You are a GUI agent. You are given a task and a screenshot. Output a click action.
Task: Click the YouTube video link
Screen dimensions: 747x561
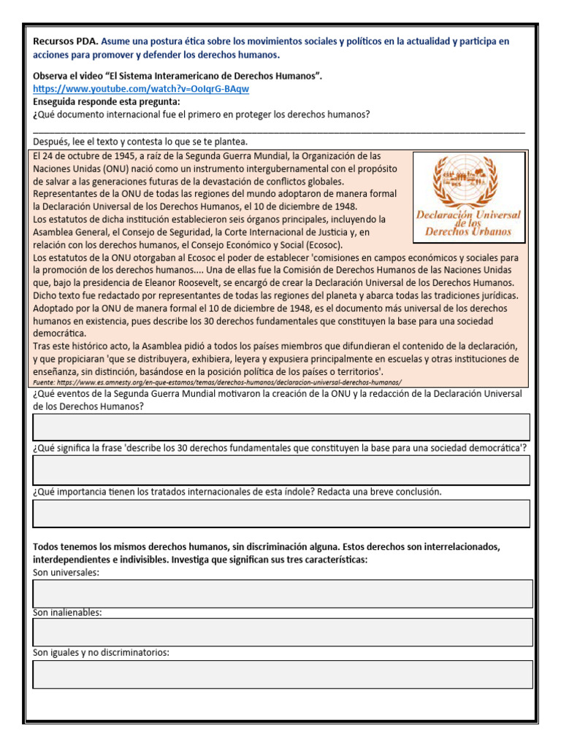pyautogui.click(x=141, y=88)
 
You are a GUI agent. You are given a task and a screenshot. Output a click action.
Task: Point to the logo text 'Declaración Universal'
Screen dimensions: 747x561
pyautogui.click(x=468, y=214)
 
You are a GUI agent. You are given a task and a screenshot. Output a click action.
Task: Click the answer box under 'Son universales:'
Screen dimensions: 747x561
pyautogui.click(x=283, y=593)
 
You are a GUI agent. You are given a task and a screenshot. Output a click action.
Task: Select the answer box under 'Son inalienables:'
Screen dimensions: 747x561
pyautogui.click(x=283, y=632)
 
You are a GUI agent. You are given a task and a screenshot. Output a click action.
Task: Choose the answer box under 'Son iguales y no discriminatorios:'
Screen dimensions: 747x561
pyautogui.click(x=283, y=674)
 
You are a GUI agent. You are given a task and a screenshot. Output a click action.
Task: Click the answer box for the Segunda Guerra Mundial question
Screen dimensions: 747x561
pyautogui.click(x=281, y=427)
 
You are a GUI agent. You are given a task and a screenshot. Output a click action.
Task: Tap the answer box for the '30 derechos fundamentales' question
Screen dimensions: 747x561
pyautogui.click(x=281, y=471)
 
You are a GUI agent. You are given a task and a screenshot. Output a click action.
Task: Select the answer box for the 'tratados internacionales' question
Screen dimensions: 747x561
pyautogui.click(x=281, y=514)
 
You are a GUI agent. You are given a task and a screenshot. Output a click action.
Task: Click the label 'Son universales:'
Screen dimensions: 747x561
pyautogui.click(x=66, y=573)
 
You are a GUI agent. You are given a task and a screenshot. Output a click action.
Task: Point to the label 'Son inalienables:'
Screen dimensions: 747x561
pyautogui.click(x=68, y=613)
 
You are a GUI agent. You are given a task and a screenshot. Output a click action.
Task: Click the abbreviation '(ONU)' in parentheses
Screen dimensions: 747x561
pyautogui.click(x=102, y=168)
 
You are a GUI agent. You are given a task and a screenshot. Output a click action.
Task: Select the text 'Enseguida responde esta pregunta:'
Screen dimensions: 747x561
pyautogui.click(x=107, y=101)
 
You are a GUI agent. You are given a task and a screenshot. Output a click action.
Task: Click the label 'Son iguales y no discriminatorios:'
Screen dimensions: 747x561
pyautogui.click(x=101, y=653)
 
